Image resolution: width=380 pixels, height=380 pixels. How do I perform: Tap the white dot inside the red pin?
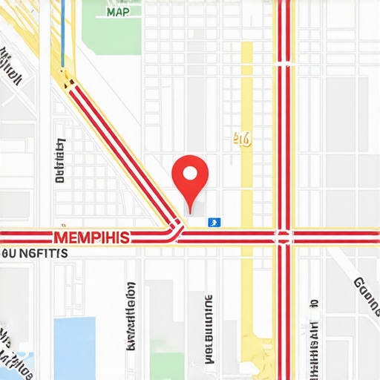click(x=189, y=174)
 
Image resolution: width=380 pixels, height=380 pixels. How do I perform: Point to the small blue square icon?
click(x=214, y=221)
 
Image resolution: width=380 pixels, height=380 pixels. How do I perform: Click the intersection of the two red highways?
click(x=283, y=237)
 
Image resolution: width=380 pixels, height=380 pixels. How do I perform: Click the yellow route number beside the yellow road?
click(x=242, y=138)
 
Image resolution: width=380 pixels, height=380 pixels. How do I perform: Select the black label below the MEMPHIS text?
click(x=35, y=254)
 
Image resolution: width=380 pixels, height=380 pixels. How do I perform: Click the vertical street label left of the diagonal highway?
click(x=59, y=160)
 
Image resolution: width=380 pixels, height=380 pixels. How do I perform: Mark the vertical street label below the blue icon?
click(x=208, y=330)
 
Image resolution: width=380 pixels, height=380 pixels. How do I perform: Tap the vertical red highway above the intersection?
click(x=283, y=111)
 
